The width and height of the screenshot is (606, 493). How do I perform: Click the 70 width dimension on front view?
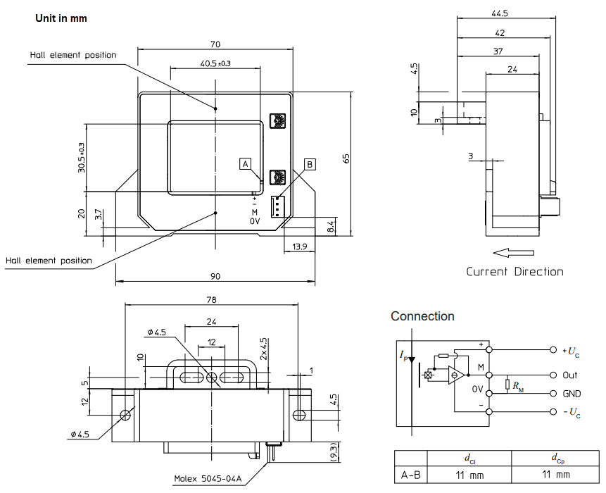click(x=215, y=43)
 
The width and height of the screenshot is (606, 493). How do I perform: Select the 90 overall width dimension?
click(x=215, y=276)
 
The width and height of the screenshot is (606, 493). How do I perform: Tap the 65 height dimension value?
click(x=346, y=158)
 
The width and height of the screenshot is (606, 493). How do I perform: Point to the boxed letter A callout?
click(x=245, y=163)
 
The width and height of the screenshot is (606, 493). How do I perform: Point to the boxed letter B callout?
click(x=310, y=163)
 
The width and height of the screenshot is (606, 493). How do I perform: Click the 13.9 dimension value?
click(x=299, y=246)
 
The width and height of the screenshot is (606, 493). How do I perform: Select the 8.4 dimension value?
click(x=332, y=226)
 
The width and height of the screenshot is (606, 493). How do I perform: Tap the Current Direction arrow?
click(x=514, y=252)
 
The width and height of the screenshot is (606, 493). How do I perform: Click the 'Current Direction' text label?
click(x=515, y=272)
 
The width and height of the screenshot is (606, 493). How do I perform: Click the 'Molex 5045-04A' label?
click(x=208, y=479)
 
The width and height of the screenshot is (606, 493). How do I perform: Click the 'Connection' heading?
click(x=422, y=316)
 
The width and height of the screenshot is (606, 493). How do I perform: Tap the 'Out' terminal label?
click(x=569, y=375)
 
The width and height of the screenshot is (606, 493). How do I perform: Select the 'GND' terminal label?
click(x=572, y=394)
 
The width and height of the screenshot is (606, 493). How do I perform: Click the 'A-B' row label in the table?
click(x=411, y=475)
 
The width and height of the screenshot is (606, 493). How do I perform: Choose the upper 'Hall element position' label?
click(x=73, y=55)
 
